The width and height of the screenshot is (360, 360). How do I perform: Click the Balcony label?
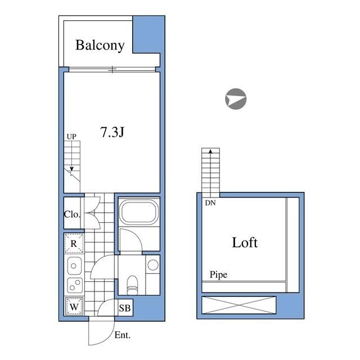pyautogui.click(x=100, y=46)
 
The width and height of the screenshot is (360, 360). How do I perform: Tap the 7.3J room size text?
pyautogui.click(x=112, y=133)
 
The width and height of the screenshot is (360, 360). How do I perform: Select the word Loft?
pyautogui.click(x=245, y=242)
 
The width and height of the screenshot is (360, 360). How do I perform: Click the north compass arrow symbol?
pyautogui.click(x=235, y=99)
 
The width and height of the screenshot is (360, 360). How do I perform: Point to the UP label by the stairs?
pyautogui.click(x=71, y=136)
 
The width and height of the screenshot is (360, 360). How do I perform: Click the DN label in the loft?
pyautogui.click(x=210, y=203)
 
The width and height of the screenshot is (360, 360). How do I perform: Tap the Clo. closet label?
pyautogui.click(x=72, y=214)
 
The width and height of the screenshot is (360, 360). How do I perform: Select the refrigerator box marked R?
pyautogui.click(x=74, y=244)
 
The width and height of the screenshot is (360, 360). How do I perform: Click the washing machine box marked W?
pyautogui.click(x=74, y=307)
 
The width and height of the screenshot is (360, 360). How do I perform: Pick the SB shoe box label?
pyautogui.click(x=125, y=308)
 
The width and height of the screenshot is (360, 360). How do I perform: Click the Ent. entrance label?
pyautogui.click(x=122, y=335)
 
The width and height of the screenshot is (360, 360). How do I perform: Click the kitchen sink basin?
pyautogui.click(x=74, y=265)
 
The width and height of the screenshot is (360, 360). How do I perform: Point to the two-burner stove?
pyautogui.click(x=74, y=284)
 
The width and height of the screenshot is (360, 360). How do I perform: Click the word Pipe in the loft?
pyautogui.click(x=219, y=275)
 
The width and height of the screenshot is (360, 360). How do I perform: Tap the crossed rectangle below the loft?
pyautogui.click(x=240, y=306)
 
